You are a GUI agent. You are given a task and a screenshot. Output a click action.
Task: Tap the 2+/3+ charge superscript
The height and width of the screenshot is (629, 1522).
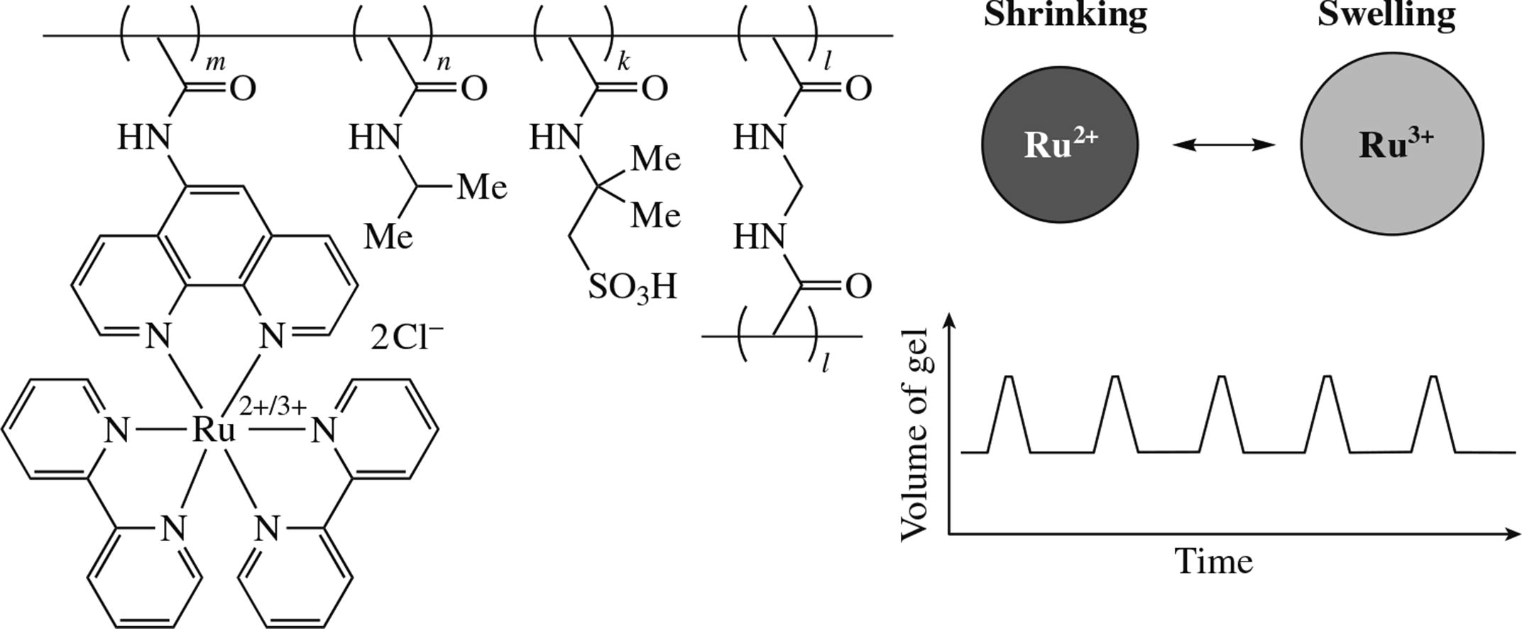pyautogui.click(x=273, y=407)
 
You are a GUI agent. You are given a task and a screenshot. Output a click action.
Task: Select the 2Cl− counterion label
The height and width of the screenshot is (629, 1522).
pyautogui.click(x=407, y=338)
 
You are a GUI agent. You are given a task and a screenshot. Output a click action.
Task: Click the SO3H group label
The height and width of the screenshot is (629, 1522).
pyautogui.click(x=632, y=288)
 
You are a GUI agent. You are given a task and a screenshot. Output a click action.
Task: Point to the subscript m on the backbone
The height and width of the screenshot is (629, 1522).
pyautogui.click(x=215, y=63)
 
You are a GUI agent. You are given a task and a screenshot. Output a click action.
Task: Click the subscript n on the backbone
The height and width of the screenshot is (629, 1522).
pyautogui.click(x=443, y=63)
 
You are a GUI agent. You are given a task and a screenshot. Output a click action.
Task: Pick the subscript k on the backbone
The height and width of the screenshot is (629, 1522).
pyautogui.click(x=623, y=62)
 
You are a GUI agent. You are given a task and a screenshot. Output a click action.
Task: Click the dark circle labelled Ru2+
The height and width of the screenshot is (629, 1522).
pyautogui.click(x=1059, y=145)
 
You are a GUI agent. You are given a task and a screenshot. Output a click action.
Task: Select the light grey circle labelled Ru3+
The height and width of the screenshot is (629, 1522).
pyautogui.click(x=1391, y=144)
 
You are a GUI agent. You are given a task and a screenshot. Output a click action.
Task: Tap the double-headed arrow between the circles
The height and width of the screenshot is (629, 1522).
pyautogui.click(x=1223, y=145)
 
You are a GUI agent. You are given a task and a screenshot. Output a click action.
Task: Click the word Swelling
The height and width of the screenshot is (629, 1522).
pyautogui.click(x=1386, y=14)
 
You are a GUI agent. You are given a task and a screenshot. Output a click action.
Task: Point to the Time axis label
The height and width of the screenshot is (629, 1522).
pyautogui.click(x=1214, y=562)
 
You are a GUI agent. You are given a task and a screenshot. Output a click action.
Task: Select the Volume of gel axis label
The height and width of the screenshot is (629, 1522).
pyautogui.click(x=915, y=434)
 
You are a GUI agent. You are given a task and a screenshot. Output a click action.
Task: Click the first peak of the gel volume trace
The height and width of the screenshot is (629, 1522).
pyautogui.click(x=1009, y=378)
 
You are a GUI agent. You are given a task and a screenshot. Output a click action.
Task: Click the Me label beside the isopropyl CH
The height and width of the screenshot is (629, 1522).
pyautogui.click(x=482, y=187)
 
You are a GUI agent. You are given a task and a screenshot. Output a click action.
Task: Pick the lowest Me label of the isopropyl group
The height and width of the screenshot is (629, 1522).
pyautogui.click(x=388, y=236)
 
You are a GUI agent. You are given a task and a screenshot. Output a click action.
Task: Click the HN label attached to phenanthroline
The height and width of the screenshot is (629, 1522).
pyautogui.click(x=144, y=136)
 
